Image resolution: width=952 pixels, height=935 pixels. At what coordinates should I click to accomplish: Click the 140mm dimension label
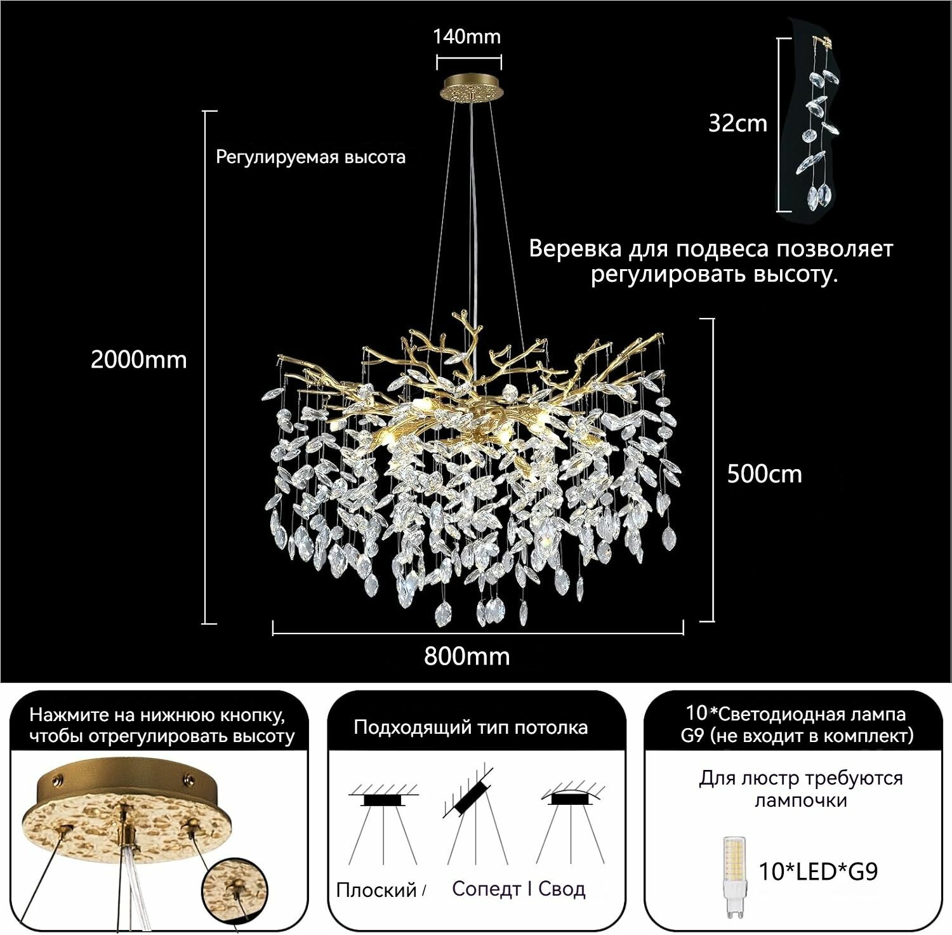point(467,37)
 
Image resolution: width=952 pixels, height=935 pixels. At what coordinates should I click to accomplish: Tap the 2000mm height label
point(139,360)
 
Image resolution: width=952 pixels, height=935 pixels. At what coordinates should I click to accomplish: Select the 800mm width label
point(467,656)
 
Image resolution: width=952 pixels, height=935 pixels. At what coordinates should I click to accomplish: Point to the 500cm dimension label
point(765,474)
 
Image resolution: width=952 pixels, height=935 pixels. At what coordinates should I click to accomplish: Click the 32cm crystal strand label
point(738,123)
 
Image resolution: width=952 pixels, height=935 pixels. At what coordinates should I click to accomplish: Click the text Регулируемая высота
point(311,157)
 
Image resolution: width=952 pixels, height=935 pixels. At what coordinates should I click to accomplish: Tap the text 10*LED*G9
point(819,871)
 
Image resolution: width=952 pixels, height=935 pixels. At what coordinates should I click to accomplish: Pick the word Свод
point(562,889)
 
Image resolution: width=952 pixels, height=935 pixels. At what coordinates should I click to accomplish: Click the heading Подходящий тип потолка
point(471,727)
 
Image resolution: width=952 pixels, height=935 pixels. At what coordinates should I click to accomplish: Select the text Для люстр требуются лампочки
point(801,789)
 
